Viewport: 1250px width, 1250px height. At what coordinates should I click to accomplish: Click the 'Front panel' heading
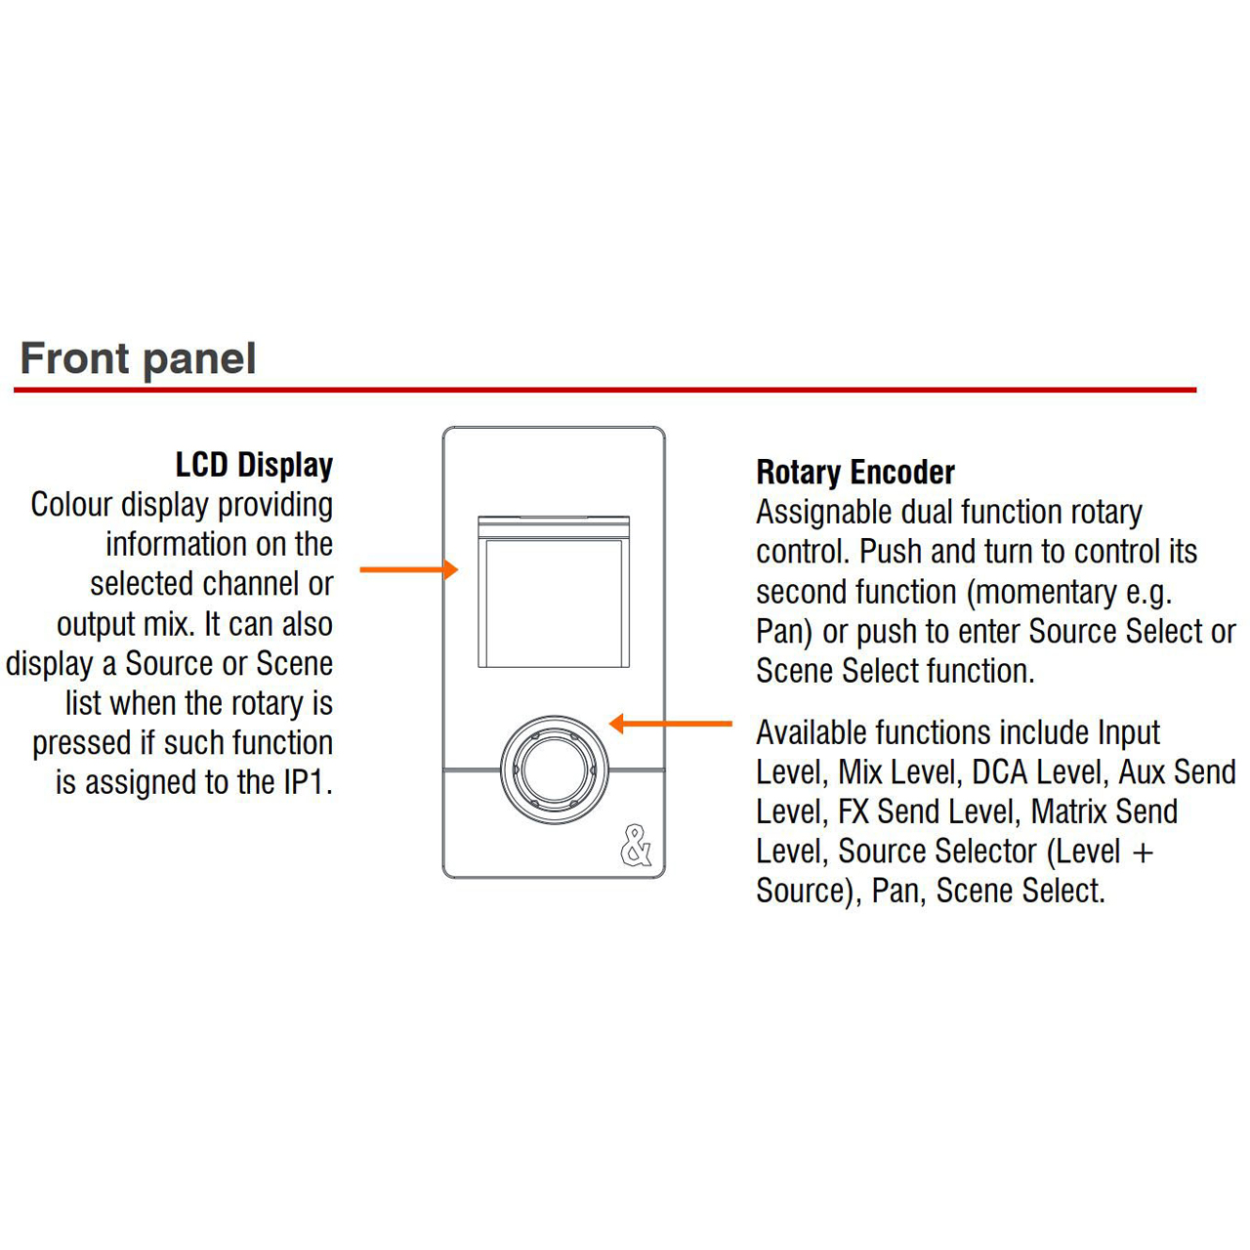[x=138, y=358]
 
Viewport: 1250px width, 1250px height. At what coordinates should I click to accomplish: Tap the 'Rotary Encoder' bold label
[x=854, y=472]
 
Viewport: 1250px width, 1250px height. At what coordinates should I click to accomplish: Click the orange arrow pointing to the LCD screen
[x=408, y=569]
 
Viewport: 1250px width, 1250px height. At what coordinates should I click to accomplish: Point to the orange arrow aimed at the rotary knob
[x=670, y=724]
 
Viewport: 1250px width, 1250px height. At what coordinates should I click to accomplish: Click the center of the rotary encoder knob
[x=554, y=770]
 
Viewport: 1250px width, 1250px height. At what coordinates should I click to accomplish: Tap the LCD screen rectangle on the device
[x=554, y=592]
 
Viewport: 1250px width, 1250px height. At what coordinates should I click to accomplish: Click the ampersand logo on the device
[x=636, y=846]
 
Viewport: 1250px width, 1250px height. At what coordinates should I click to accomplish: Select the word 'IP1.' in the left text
[x=309, y=781]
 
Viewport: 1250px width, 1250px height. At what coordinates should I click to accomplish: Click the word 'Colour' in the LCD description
[x=72, y=505]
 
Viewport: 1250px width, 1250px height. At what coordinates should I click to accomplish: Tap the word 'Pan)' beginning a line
[x=783, y=632]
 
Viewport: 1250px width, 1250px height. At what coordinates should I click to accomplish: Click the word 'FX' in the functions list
[x=853, y=811]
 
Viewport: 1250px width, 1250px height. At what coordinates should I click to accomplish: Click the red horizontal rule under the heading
[x=605, y=390]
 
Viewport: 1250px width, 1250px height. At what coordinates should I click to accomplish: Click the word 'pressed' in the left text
[x=82, y=743]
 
